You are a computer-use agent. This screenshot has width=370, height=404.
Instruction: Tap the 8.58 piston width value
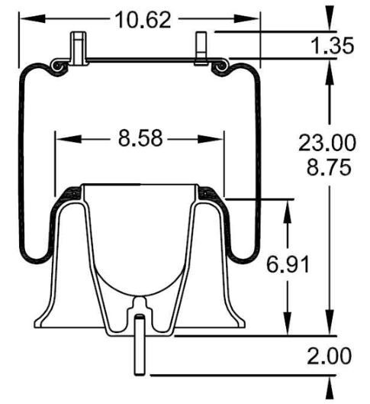(x=140, y=140)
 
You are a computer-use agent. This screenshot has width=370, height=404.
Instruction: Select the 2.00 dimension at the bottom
(x=330, y=356)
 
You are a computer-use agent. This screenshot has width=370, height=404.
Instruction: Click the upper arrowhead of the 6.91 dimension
(x=287, y=205)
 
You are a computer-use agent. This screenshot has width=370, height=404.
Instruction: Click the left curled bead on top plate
(x=57, y=68)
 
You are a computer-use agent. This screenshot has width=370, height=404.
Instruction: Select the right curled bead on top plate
(x=222, y=68)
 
